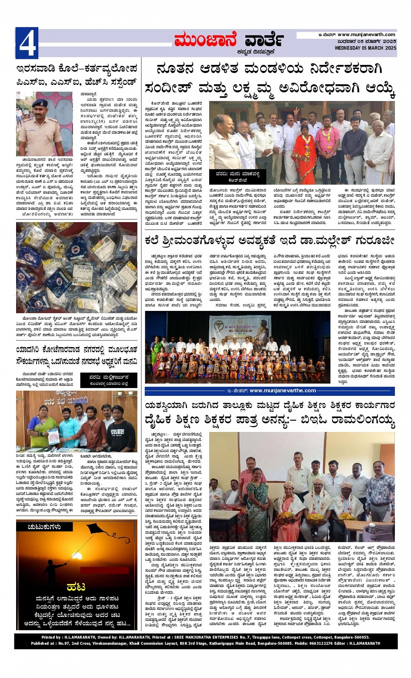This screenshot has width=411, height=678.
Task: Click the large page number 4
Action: point(27,43)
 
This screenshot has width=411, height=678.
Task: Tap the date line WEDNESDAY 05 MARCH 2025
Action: point(365,48)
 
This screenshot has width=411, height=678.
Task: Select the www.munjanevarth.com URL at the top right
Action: point(366,35)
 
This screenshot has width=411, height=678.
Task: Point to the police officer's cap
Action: point(40,103)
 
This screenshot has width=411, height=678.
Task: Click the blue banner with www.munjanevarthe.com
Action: point(270,391)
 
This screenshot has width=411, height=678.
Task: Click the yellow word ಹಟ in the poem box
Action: point(76,587)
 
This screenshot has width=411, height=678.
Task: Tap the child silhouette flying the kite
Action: point(51,569)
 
